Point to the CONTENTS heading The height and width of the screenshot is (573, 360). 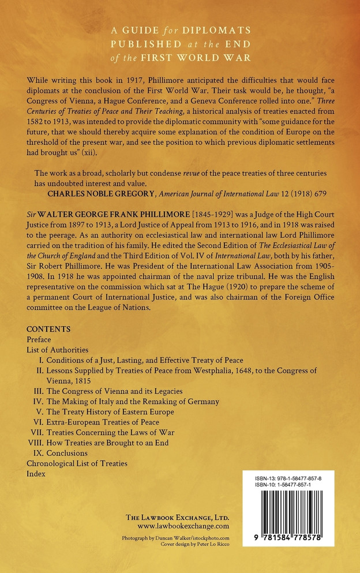[48, 329]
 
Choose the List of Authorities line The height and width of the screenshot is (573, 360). [57, 350]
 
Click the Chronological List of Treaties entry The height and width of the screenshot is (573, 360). [77, 463]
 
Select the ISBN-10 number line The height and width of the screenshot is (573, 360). [287, 486]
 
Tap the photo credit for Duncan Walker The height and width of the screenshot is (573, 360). [175, 537]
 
